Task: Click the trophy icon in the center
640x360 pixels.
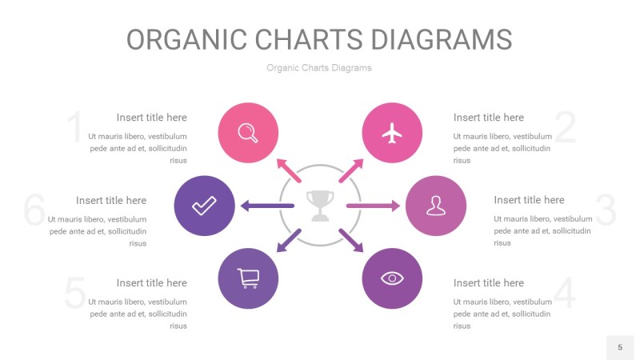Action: (320, 205)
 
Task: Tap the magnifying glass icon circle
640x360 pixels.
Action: (248, 134)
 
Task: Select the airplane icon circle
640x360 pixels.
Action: (392, 134)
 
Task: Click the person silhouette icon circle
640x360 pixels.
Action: (435, 206)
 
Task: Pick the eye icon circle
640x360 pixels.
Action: (392, 278)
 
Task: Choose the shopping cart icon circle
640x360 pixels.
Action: (248, 278)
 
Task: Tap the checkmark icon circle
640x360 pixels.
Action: (204, 206)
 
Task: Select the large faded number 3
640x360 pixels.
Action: (606, 210)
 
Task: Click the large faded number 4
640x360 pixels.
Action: (565, 294)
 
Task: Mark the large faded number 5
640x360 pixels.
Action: (74, 294)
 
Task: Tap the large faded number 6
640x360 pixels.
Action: (34, 210)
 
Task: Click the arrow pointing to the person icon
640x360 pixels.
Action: (373, 206)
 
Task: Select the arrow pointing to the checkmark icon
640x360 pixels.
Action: (266, 206)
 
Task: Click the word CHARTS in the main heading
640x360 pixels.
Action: (319, 39)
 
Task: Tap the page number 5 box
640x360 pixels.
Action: (619, 347)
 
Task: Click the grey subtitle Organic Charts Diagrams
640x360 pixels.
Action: (319, 68)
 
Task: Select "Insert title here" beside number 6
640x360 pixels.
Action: (111, 200)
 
